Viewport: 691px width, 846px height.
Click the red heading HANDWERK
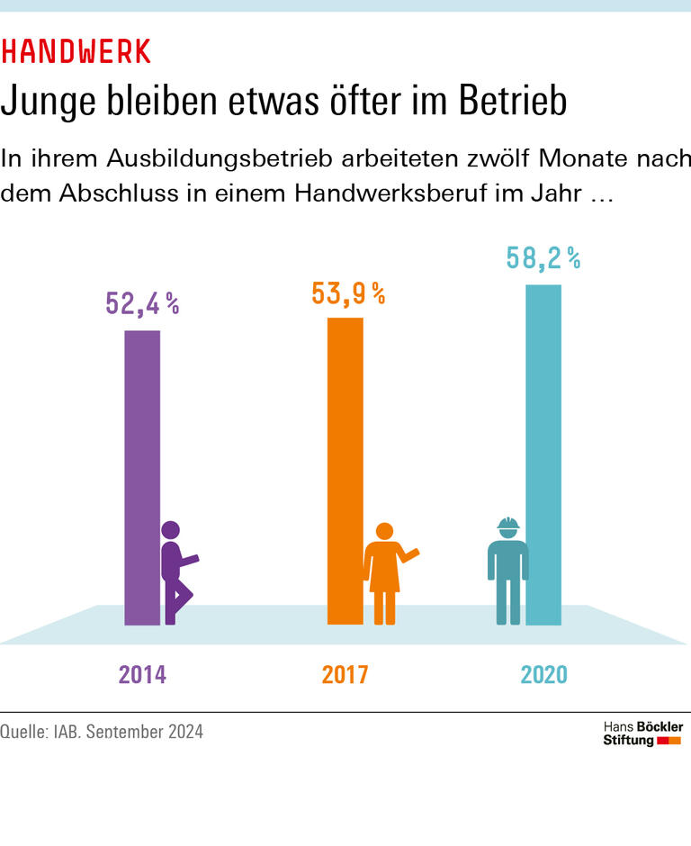coord(76,52)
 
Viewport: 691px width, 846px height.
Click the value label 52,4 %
coord(142,303)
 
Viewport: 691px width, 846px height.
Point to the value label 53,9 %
coord(348,292)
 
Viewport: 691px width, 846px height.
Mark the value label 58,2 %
coord(543,258)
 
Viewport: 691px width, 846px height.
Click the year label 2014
coord(142,674)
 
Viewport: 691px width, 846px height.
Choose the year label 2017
coord(345,674)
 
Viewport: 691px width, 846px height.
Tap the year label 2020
coord(543,674)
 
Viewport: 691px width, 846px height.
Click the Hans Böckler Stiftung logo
coord(642,733)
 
